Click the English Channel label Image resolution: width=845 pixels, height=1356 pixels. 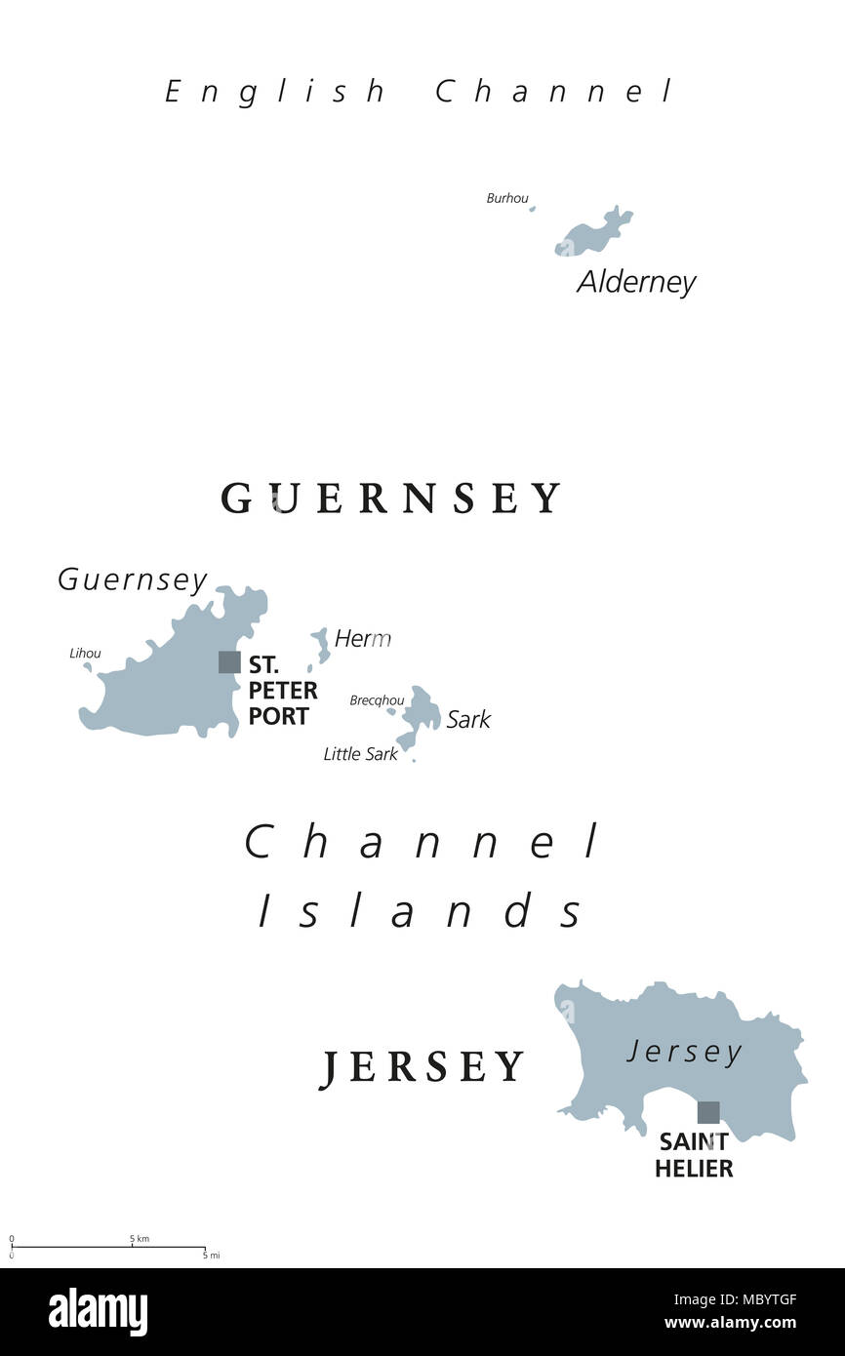click(x=420, y=92)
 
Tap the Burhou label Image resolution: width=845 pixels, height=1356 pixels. click(x=506, y=198)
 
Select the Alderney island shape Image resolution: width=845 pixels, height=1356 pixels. click(x=591, y=234)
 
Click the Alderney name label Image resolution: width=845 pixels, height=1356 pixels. click(x=636, y=282)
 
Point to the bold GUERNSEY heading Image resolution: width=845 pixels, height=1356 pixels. click(x=391, y=498)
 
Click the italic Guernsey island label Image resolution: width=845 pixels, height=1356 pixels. click(x=133, y=580)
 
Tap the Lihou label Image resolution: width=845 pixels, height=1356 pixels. click(x=85, y=654)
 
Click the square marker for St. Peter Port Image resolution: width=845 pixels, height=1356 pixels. click(x=229, y=662)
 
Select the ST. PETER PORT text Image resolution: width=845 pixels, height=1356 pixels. click(x=283, y=690)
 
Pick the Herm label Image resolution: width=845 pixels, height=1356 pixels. click(x=362, y=639)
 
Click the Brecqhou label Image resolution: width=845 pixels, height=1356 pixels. click(x=377, y=700)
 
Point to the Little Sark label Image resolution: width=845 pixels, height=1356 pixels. click(x=360, y=754)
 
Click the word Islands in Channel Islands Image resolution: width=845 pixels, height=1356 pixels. click(x=422, y=911)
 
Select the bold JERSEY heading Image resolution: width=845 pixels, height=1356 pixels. click(x=422, y=1067)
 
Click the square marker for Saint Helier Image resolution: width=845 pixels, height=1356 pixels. click(x=708, y=1112)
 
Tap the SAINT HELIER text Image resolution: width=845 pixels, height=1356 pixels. click(x=694, y=1155)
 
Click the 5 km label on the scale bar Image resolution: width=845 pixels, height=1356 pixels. click(x=140, y=1239)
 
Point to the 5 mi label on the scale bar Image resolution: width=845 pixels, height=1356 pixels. click(x=211, y=1256)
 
